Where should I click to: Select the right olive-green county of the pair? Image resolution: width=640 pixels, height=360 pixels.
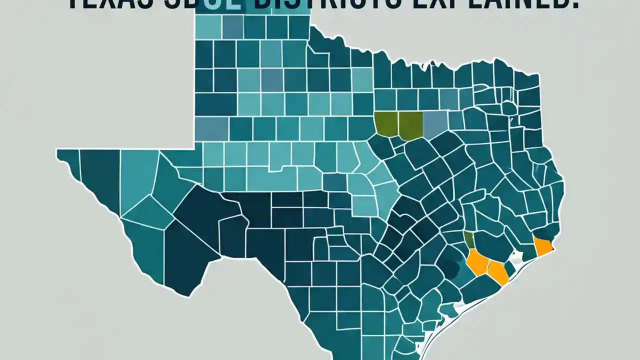tap(411, 125)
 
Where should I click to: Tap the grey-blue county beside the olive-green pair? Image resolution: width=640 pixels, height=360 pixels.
tap(435, 124)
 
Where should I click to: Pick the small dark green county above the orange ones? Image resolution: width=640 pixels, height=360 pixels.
tap(469, 239)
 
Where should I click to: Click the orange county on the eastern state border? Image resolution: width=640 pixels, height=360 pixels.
tap(542, 246)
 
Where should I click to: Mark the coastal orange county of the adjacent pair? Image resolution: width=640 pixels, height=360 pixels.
tap(497, 271)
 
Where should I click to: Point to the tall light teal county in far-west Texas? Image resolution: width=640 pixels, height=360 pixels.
tap(137, 180)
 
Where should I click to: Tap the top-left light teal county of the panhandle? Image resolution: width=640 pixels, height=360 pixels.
tap(207, 27)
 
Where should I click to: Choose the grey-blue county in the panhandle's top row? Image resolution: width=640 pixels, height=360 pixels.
tap(232, 27)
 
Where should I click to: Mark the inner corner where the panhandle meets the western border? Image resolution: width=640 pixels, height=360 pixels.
tap(194, 148)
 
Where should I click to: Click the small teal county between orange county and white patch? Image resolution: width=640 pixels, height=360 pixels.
tap(509, 269)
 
